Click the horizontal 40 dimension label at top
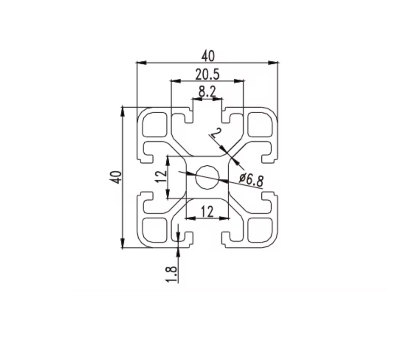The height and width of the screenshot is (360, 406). click(x=207, y=56)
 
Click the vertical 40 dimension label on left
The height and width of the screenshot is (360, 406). click(x=116, y=177)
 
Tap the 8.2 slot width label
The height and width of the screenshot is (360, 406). click(x=207, y=91)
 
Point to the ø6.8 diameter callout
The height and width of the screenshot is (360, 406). click(x=250, y=180)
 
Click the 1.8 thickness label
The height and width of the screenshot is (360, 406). click(x=172, y=273)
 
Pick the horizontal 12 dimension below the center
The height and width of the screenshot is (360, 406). click(x=207, y=211)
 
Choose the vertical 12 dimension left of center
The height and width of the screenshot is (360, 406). click(x=159, y=177)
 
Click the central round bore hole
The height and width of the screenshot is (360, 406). click(x=207, y=177)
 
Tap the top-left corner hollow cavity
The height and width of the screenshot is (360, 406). click(x=154, y=124)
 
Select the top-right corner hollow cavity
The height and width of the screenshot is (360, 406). click(x=260, y=124)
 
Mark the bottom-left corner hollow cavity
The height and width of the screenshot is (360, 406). click(x=154, y=230)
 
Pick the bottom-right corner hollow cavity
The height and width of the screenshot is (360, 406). click(x=260, y=230)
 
